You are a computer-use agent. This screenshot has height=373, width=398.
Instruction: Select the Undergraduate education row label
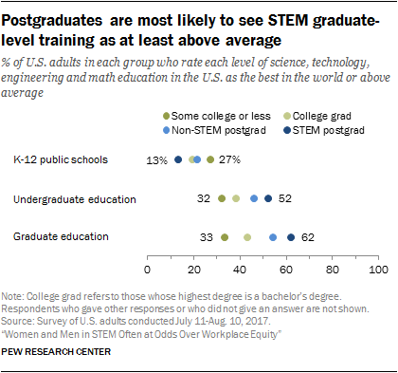coord(75,199)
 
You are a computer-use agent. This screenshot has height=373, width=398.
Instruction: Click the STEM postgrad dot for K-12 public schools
coord(177,160)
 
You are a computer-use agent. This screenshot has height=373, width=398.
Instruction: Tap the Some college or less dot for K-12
coord(209,160)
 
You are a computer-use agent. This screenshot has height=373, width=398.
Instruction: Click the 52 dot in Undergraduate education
coord(268,199)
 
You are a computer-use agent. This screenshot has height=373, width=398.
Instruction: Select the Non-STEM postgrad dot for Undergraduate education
coord(254,199)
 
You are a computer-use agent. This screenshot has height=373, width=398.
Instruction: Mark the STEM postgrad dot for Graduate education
coord(291,237)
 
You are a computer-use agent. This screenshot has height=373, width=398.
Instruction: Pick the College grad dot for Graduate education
coord(247,237)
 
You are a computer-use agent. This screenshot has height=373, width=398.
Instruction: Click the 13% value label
coord(156,160)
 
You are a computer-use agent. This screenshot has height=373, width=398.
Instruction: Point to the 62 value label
coord(308,237)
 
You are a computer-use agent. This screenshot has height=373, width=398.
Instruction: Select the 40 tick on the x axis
coord(240,269)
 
